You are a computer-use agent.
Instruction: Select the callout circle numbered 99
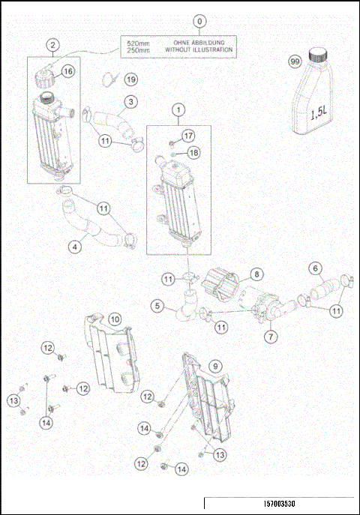click(x=294, y=62)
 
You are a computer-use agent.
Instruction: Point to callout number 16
click(x=68, y=71)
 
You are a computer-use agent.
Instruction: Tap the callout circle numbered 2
click(x=52, y=46)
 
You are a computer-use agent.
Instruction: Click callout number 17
click(x=187, y=135)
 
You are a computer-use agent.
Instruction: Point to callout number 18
click(x=193, y=152)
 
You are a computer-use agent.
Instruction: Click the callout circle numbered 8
click(x=256, y=274)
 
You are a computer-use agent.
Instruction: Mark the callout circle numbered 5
click(x=157, y=306)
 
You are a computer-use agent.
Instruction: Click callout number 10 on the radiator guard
click(x=115, y=319)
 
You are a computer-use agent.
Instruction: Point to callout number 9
click(x=214, y=367)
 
